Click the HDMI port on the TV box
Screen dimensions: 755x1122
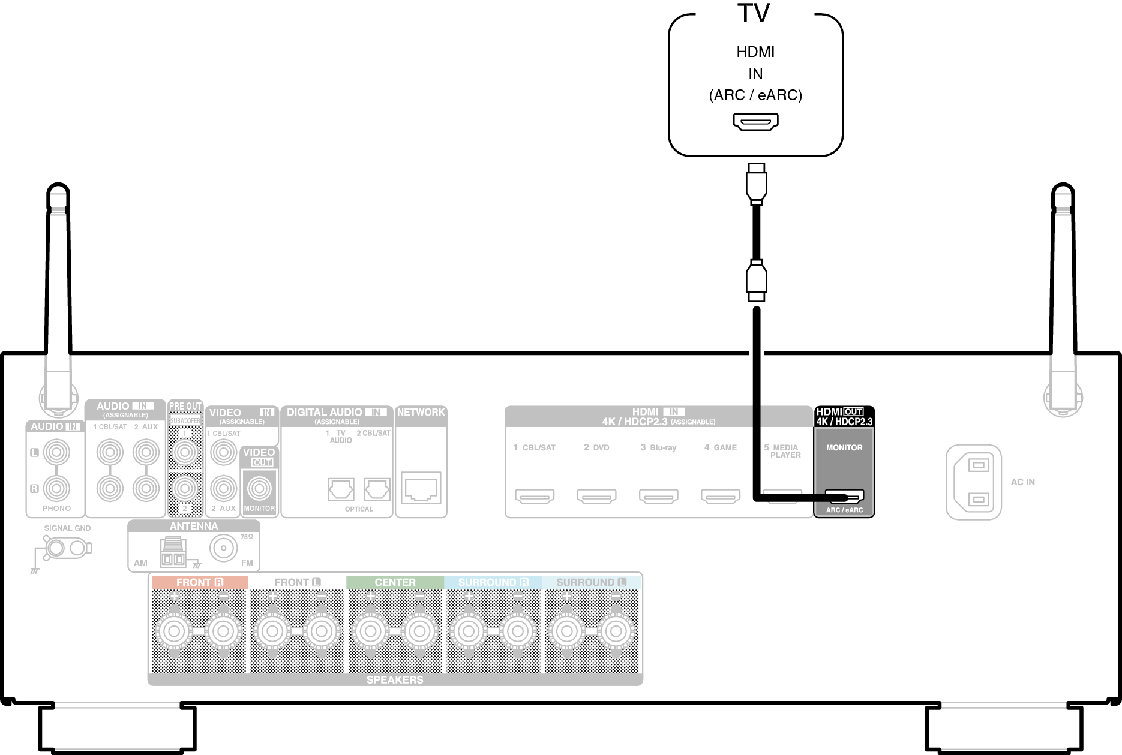755,122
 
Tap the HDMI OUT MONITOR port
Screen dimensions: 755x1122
844,497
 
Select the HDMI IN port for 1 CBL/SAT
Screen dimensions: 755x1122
535,497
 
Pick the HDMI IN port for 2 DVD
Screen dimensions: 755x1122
596,497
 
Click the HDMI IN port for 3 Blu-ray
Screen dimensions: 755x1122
659,497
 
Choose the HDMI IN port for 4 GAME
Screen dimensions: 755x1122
721,497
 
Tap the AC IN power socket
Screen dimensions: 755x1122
974,482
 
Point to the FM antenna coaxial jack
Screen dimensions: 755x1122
224,548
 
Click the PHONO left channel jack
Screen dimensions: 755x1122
56,452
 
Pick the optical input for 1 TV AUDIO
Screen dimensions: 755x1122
341,490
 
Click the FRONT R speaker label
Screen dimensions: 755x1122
199,582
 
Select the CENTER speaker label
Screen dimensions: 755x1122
395,582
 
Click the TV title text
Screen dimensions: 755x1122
754,13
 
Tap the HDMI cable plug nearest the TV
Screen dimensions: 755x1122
756,184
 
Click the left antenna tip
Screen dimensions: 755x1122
58,193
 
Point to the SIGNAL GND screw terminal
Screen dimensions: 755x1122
56,548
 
